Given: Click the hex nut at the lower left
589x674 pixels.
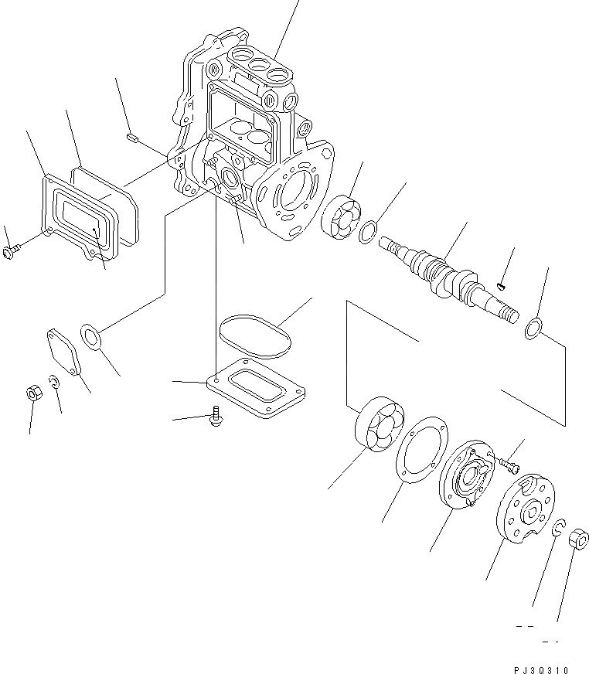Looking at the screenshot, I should (x=32, y=392).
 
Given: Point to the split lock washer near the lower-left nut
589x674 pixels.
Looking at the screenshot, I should (x=53, y=381).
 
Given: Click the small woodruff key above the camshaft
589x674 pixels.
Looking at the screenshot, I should (x=502, y=287).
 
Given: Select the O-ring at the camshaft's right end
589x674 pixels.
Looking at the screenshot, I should (x=533, y=328).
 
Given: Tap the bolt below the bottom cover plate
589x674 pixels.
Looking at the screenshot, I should (x=216, y=417).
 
